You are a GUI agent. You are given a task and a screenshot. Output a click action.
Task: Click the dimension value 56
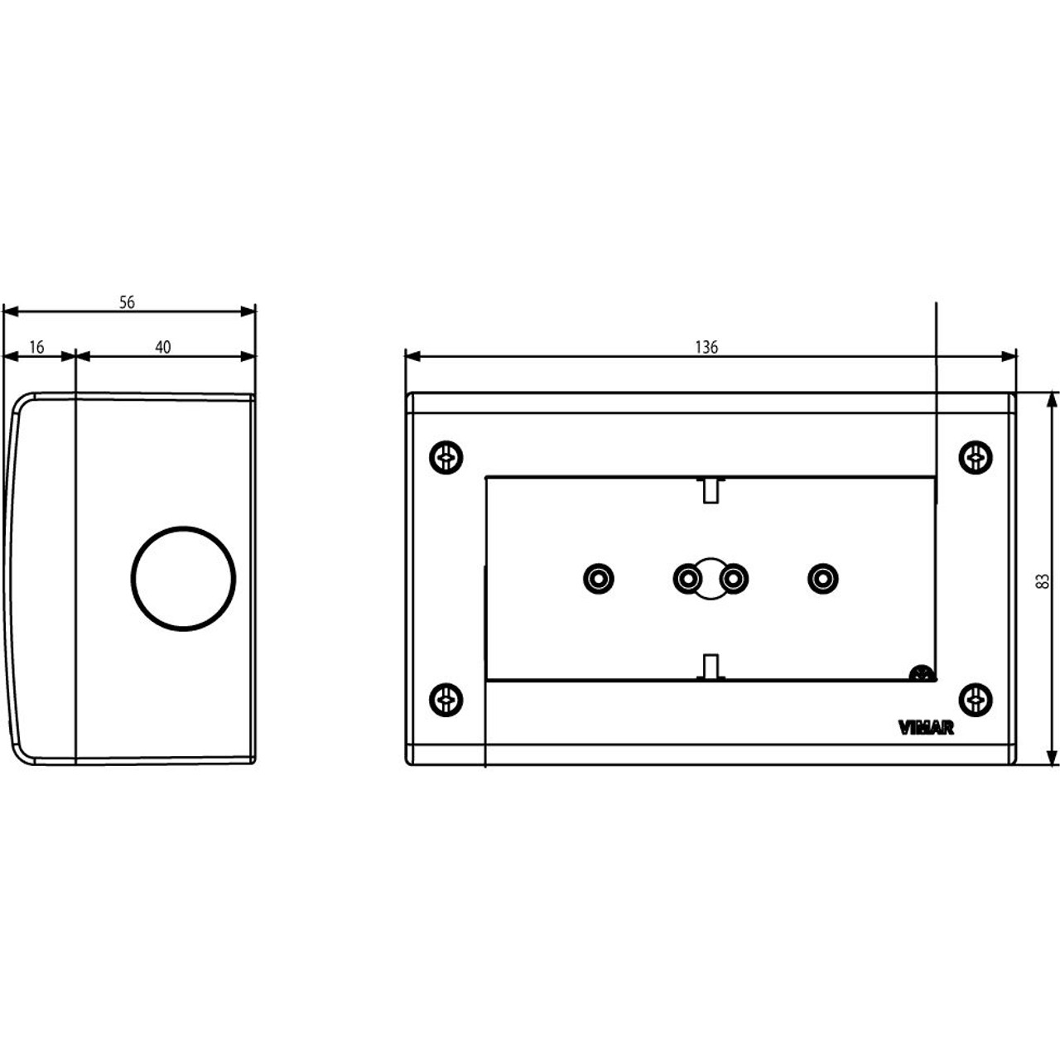point(127,302)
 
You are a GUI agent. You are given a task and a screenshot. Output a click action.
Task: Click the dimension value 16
point(36,347)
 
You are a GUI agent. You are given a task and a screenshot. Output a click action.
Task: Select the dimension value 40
point(163,347)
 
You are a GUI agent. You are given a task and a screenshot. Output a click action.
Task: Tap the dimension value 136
point(706,347)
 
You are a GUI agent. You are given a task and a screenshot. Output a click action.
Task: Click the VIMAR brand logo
point(926,728)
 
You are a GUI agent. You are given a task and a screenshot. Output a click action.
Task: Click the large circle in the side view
point(183,578)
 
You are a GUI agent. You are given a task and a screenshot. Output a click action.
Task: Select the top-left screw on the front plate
point(446,456)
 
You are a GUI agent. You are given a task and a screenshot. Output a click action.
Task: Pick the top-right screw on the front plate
point(976,456)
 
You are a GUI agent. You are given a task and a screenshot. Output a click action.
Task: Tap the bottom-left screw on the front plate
point(446,700)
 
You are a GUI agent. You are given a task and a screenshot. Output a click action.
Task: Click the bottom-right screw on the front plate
point(976,700)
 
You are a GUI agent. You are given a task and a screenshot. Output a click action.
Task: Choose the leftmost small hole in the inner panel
point(598,578)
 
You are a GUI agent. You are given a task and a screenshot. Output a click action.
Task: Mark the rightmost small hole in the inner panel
point(822,578)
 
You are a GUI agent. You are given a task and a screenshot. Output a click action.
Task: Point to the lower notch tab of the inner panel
point(710,666)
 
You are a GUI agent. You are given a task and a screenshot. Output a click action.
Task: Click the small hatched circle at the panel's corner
point(918,674)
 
